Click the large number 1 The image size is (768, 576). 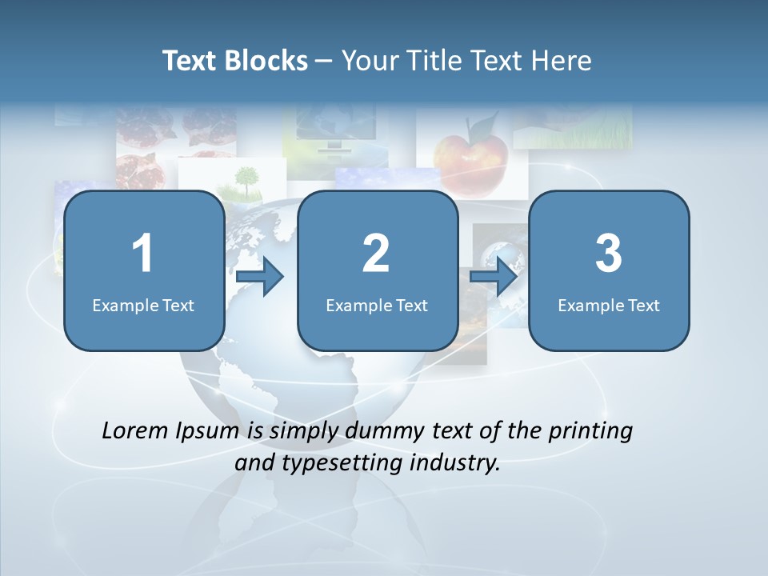(x=143, y=254)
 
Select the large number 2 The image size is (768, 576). (x=377, y=254)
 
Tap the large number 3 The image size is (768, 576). (x=609, y=254)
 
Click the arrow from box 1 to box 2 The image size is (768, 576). (x=261, y=277)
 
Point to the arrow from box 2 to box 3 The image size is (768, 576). (x=494, y=277)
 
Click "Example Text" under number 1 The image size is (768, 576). (x=143, y=305)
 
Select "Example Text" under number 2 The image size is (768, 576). (x=377, y=305)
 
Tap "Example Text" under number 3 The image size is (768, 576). (x=609, y=305)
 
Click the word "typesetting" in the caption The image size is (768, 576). (x=338, y=463)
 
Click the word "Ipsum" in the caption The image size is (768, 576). (x=208, y=432)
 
